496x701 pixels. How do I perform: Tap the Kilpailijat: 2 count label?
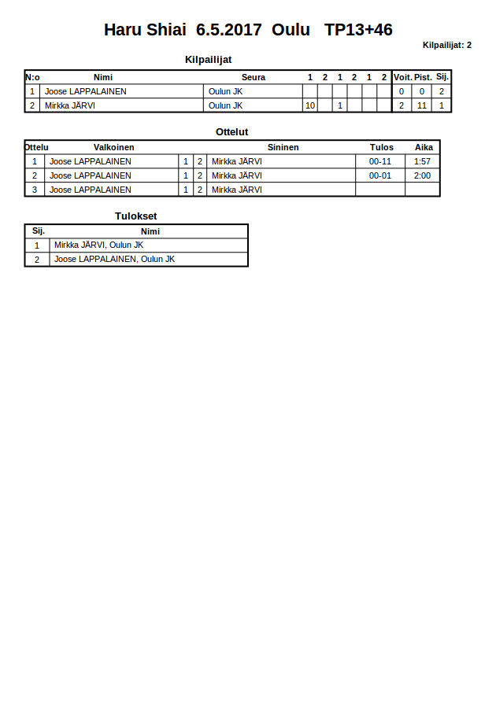[x=446, y=45]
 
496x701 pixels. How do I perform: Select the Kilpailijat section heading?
[x=208, y=60]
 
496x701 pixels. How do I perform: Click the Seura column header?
[x=254, y=77]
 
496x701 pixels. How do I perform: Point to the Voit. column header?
[x=402, y=77]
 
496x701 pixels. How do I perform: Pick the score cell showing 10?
[x=310, y=105]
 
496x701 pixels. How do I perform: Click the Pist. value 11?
[x=423, y=105]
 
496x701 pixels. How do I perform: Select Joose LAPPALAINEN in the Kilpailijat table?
[x=86, y=91]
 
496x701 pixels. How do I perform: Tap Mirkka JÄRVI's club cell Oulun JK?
[x=226, y=105]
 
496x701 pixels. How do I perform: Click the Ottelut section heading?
[x=231, y=131]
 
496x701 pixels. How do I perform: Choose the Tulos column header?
[x=381, y=147]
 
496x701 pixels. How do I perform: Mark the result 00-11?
[x=380, y=161]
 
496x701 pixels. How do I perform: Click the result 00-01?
[x=380, y=175]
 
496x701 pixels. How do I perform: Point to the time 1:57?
[x=423, y=161]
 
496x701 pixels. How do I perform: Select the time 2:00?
[x=423, y=175]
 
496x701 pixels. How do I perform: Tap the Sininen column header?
[x=283, y=147]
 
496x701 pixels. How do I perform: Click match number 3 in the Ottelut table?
[x=35, y=190]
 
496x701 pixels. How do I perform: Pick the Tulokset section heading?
[x=136, y=216]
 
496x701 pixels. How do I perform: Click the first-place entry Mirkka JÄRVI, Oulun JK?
[x=98, y=245]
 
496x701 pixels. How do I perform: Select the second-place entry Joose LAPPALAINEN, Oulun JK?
[x=114, y=259]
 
